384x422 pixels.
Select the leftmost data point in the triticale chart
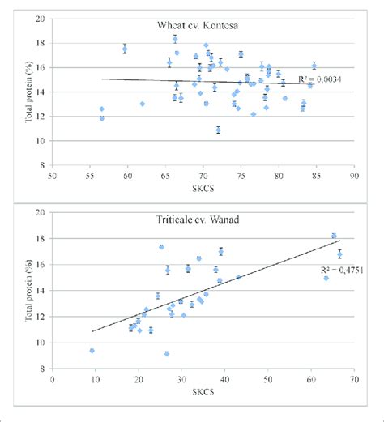(x=92, y=351)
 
